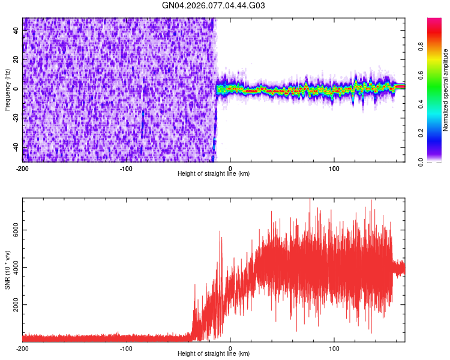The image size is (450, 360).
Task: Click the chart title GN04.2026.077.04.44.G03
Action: click(x=214, y=6)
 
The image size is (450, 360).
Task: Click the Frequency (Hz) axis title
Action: click(x=7, y=89)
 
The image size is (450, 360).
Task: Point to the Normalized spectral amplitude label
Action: click(x=446, y=90)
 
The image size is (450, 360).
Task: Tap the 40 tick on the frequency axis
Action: click(x=17, y=31)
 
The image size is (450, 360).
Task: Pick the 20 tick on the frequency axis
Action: click(x=17, y=60)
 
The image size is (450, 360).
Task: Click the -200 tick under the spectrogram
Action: click(x=23, y=167)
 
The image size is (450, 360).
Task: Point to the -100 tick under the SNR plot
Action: click(x=127, y=348)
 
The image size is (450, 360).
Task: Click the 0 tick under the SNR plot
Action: click(x=231, y=348)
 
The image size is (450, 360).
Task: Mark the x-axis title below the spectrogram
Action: click(x=214, y=173)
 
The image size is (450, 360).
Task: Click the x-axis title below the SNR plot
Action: click(x=214, y=354)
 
